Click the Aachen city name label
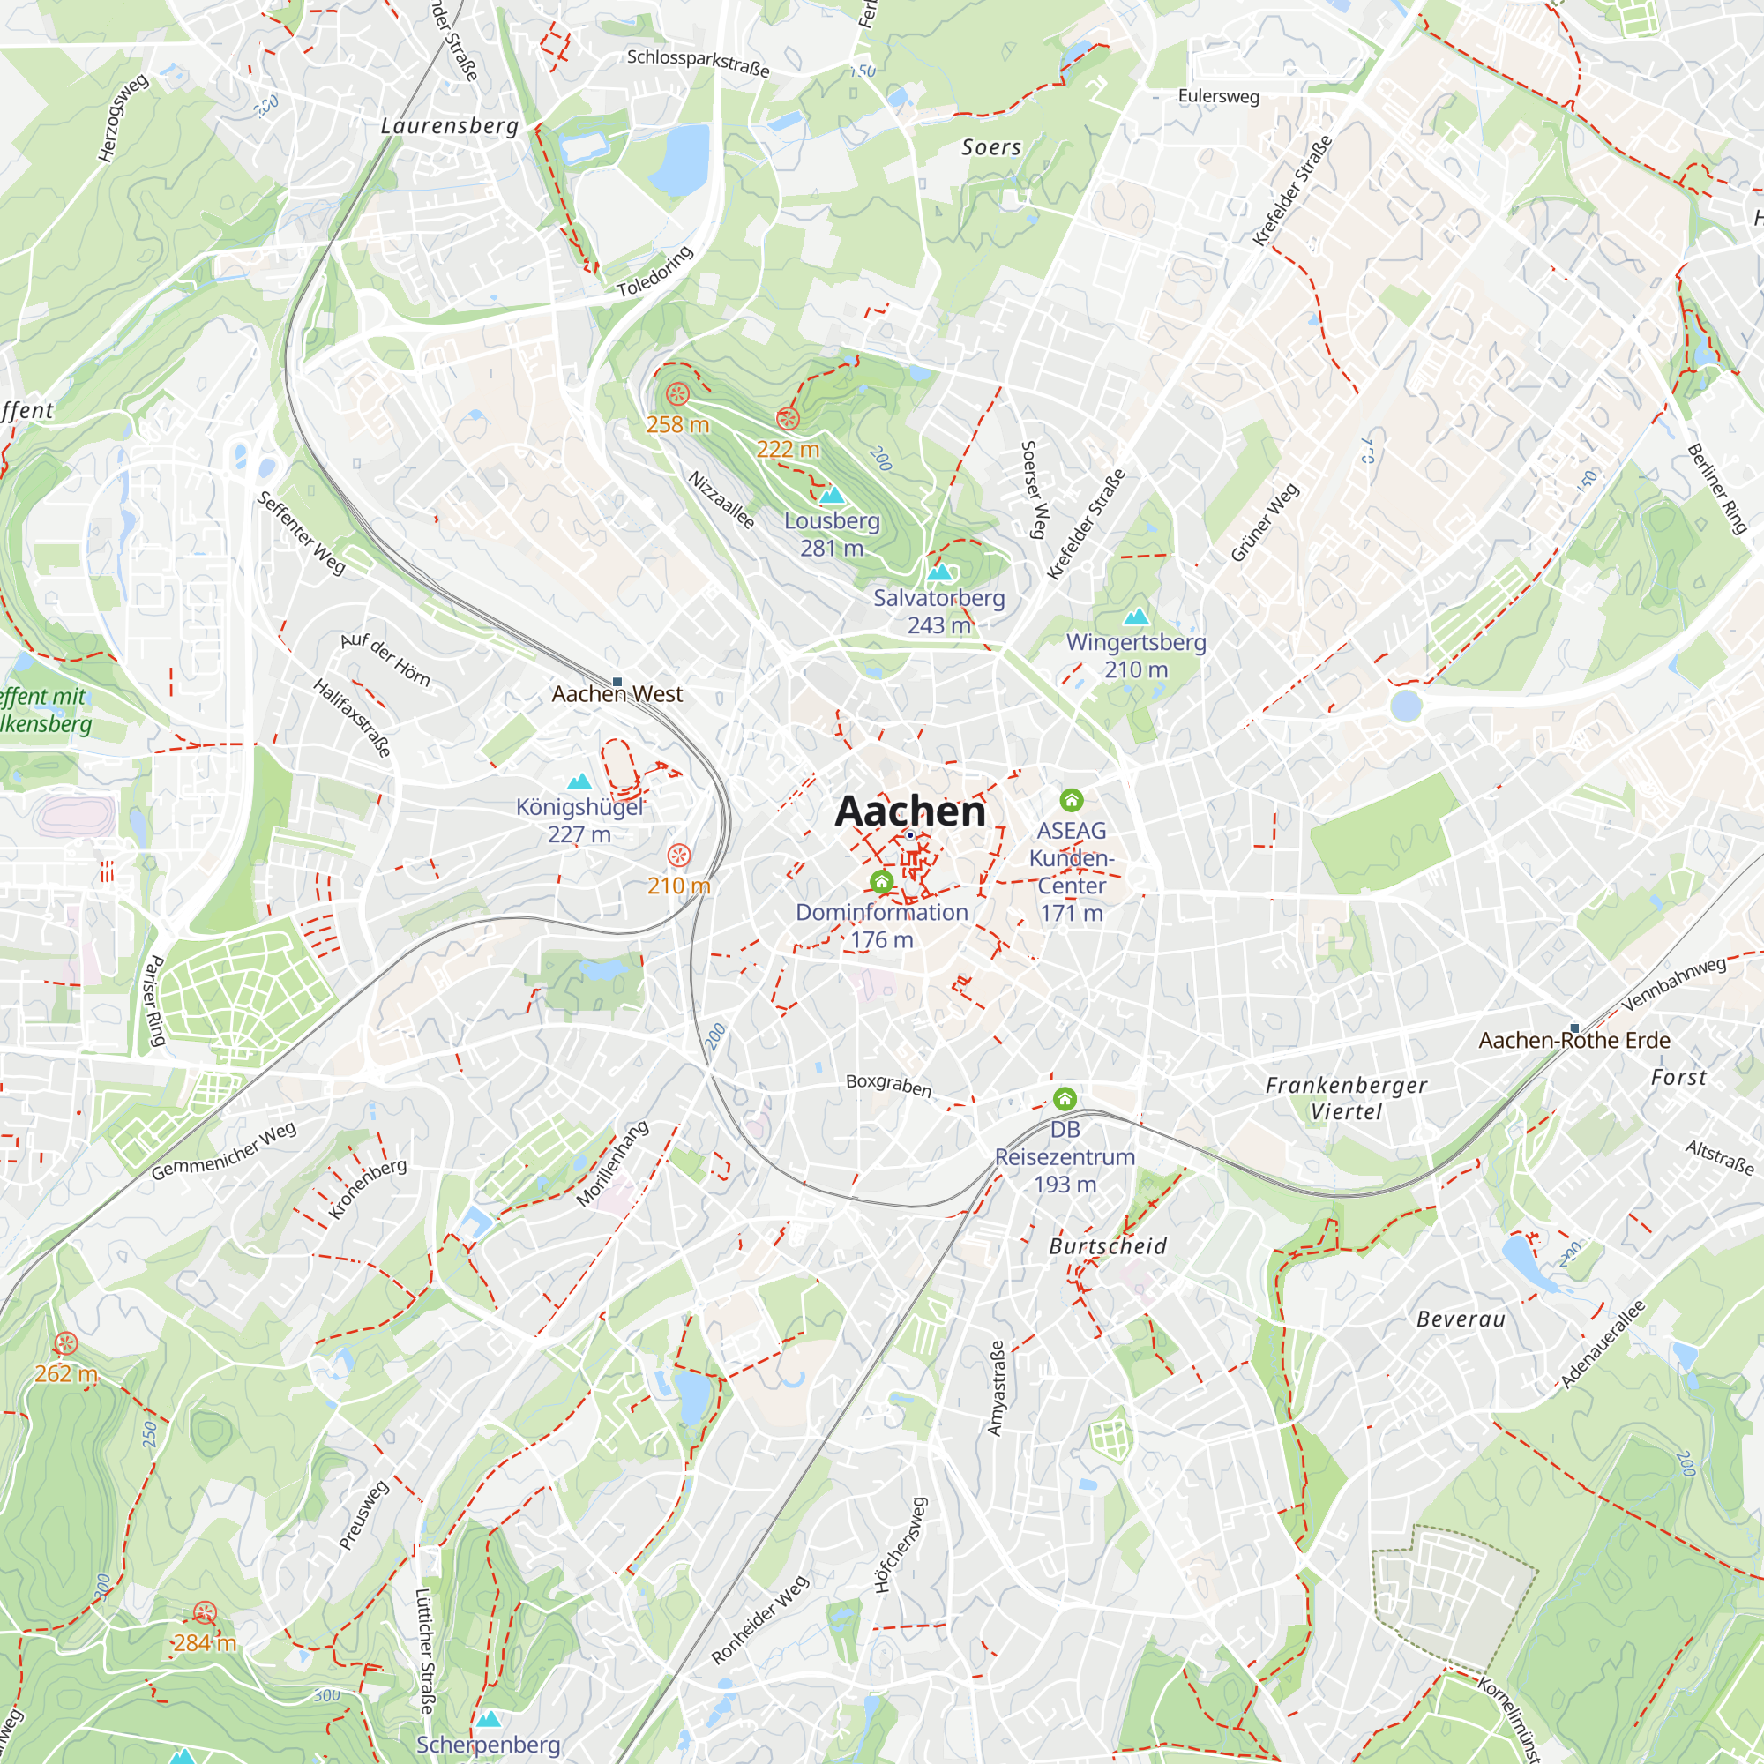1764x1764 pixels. (x=910, y=811)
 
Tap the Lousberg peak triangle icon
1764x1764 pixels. (x=832, y=496)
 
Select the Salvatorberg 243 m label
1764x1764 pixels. (x=938, y=612)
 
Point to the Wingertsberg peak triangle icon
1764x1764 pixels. (x=1136, y=617)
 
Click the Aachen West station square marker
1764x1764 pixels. (x=617, y=682)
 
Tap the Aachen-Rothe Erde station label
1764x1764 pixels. (x=1574, y=1040)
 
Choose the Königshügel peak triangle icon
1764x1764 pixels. (x=579, y=781)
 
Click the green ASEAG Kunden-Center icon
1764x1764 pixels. (x=1071, y=801)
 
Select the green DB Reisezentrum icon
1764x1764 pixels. (x=1065, y=1098)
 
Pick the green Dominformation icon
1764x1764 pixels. (x=881, y=881)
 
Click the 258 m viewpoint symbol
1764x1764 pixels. (x=677, y=394)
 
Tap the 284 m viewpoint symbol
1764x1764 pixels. (x=205, y=1613)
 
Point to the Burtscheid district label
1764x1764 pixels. (x=1108, y=1246)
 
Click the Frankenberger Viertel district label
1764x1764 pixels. (x=1346, y=1098)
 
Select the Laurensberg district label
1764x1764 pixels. (x=449, y=126)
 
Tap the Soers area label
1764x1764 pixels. (x=990, y=147)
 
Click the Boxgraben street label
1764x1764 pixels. (x=888, y=1085)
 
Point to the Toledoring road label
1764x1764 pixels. (x=654, y=271)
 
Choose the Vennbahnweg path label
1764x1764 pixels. (x=1674, y=983)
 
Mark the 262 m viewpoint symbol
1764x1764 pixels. (x=66, y=1343)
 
